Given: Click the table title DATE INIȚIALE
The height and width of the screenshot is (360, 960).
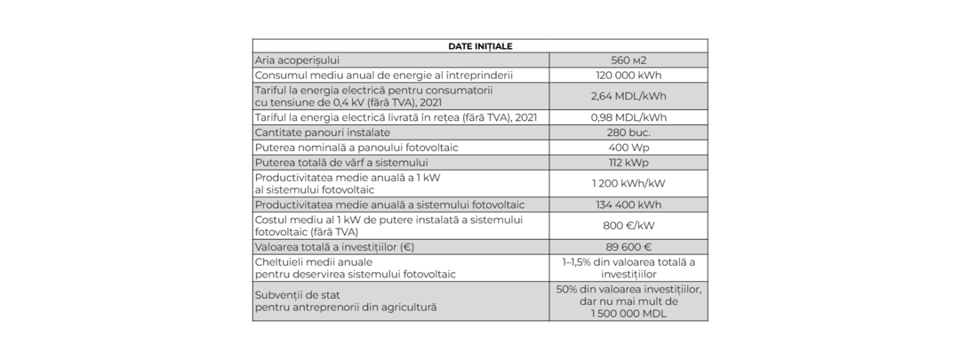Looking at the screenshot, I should point(480,46).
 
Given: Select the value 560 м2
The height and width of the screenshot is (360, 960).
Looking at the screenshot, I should point(628,60).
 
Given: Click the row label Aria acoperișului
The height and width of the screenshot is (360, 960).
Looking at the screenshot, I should point(297,60).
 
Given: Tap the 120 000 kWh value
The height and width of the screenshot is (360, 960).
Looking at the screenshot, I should point(628,76).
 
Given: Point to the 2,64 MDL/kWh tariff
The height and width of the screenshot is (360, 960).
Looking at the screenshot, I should point(628,96).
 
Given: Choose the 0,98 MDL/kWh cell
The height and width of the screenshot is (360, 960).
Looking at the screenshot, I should point(628,117).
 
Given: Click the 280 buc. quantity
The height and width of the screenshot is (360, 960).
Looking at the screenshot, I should point(628,132).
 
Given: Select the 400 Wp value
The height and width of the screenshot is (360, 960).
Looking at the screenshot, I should point(628,148).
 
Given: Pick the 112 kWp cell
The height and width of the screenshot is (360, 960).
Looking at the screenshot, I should point(628,163).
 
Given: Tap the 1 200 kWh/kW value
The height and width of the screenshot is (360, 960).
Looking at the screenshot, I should point(628,183).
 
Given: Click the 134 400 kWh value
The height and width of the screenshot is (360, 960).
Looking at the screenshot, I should point(628,204).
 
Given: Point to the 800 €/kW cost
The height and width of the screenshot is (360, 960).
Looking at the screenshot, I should point(628,226).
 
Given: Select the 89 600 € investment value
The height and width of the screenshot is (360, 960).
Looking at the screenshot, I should point(628,247).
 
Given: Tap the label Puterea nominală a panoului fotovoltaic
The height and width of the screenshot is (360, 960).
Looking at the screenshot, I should point(356,148).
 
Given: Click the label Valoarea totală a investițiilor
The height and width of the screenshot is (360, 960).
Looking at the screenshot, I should point(334,247).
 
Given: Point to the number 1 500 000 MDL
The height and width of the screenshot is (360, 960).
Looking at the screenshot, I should point(628,313).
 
